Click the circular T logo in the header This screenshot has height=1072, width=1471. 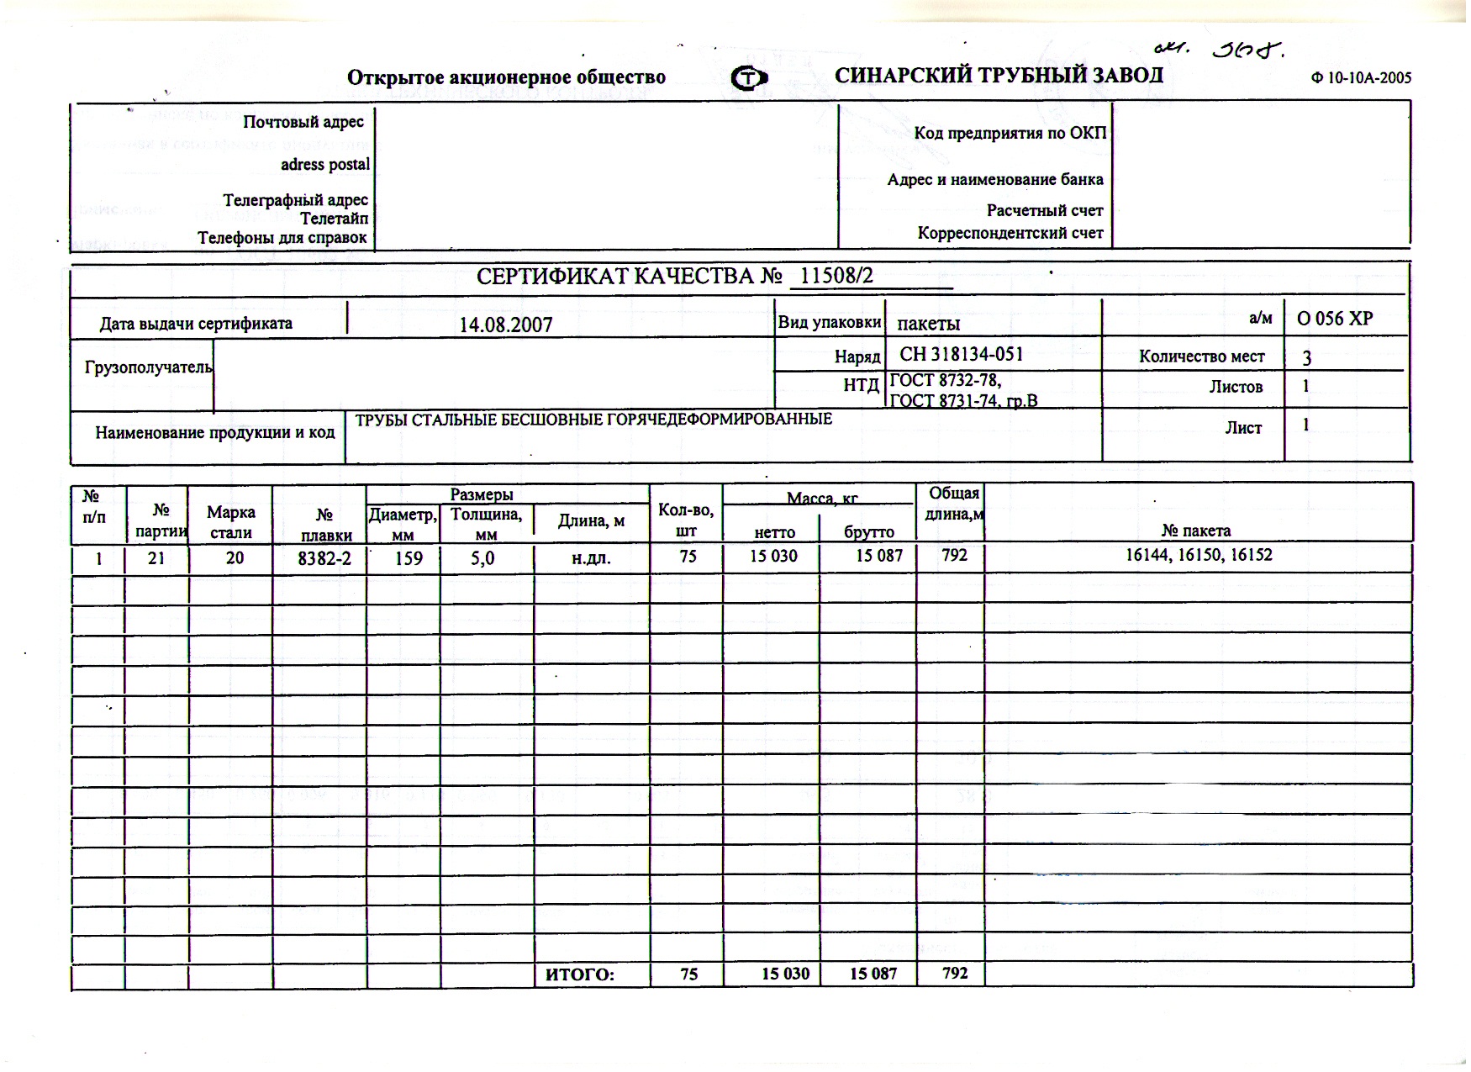coord(749,78)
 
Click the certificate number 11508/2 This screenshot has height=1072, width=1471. coord(836,276)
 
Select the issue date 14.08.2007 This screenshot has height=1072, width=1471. coord(506,325)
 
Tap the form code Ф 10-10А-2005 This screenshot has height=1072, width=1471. coord(1361,78)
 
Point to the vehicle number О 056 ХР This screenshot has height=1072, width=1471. coord(1335,319)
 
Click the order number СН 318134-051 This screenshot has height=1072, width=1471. coord(962,355)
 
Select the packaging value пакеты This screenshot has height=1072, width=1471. coord(929,324)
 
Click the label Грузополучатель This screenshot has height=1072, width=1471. coord(148,367)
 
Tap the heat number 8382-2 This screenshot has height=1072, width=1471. coord(324,557)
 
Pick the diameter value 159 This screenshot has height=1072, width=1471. coord(409,557)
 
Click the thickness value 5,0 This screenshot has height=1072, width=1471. coord(482,557)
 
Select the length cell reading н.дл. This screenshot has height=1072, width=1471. coord(591,557)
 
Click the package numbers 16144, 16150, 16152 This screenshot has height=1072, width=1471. coord(1199,555)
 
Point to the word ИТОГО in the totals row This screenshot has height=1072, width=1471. coord(580,974)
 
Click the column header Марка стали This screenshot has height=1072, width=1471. coord(231,522)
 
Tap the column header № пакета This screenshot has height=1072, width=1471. coord(1196,531)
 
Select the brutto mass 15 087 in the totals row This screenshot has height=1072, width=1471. coord(873,974)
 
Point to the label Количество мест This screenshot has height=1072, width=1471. coord(1201,356)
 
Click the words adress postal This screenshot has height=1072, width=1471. coord(325,165)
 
